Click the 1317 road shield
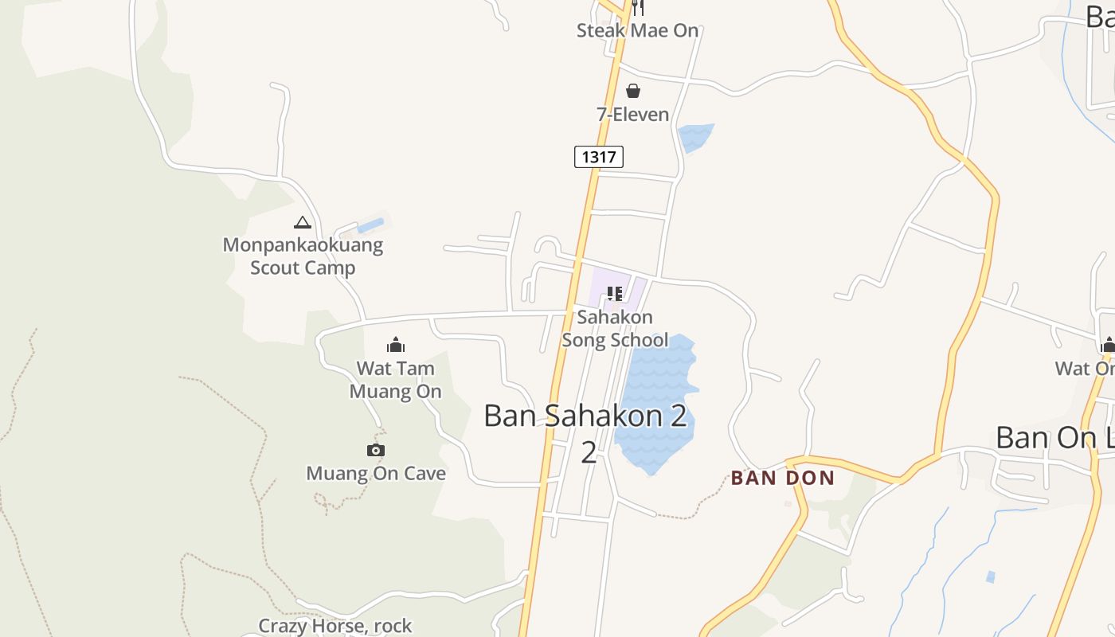click(x=598, y=157)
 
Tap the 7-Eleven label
click(x=633, y=115)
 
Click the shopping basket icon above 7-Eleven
click(x=633, y=91)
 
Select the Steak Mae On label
click(x=637, y=31)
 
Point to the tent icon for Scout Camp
click(x=302, y=222)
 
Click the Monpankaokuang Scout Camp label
click(x=303, y=256)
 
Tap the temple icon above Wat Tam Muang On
click(x=396, y=345)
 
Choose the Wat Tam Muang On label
click(x=396, y=380)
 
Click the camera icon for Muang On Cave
click(x=376, y=450)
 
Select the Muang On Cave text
click(x=376, y=474)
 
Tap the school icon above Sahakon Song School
click(x=614, y=294)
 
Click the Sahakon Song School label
click(x=615, y=329)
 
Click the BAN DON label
click(x=783, y=479)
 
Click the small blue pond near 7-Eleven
click(x=694, y=137)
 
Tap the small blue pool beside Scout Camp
click(x=370, y=225)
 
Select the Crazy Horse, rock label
click(x=335, y=626)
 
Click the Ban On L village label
click(x=1054, y=437)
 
